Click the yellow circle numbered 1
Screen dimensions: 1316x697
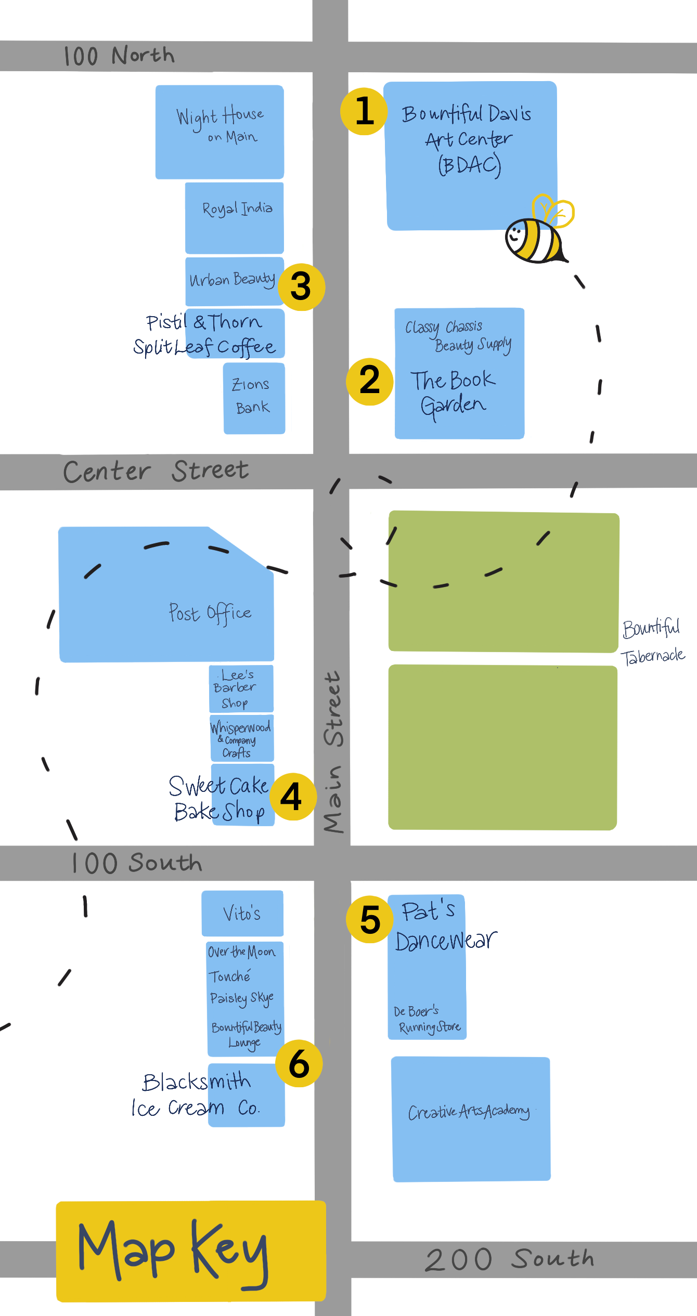tap(364, 111)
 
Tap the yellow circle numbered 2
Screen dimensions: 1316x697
tap(370, 381)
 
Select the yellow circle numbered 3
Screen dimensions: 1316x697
tap(301, 287)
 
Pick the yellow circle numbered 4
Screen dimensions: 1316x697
tap(293, 797)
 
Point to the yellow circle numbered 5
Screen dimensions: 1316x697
tap(370, 919)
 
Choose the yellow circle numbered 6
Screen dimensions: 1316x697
tap(299, 1063)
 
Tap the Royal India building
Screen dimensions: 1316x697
tap(235, 217)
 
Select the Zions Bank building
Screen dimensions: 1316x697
tap(254, 398)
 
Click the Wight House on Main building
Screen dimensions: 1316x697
tap(220, 132)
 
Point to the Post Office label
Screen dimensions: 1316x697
tap(210, 613)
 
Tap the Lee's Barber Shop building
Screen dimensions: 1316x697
tap(241, 688)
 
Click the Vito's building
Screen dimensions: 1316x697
tap(242, 913)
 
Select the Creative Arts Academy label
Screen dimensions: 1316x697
tap(469, 1111)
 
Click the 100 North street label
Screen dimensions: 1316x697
tap(119, 56)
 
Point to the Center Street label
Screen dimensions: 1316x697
tap(156, 471)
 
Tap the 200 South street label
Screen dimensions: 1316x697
tap(510, 1259)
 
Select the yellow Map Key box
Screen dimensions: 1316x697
tap(191, 1250)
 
